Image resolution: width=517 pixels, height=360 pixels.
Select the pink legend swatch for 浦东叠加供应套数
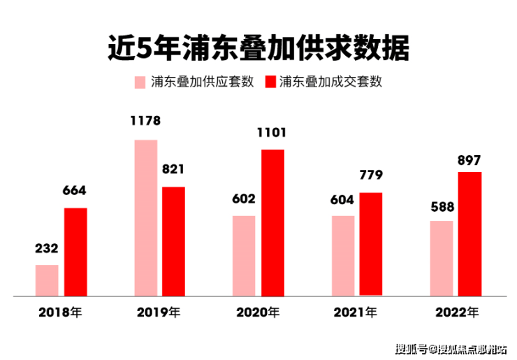140,82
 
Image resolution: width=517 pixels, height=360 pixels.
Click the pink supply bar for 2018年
47,280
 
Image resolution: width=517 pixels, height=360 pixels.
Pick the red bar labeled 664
75,252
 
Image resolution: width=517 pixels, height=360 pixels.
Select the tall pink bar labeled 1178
145,218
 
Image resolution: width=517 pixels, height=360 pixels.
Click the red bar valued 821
173,241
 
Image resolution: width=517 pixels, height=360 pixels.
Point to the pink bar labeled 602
244,256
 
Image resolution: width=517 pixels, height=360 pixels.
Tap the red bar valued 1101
272,222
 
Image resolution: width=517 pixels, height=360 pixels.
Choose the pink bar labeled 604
343,256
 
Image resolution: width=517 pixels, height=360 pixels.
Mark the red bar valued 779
371,244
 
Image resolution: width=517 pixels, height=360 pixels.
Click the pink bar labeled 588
442,259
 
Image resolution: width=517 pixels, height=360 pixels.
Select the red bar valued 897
470,233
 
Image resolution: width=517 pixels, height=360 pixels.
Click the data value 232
47,248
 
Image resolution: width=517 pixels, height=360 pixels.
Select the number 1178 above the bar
145,121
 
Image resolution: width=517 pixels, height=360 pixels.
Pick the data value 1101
272,132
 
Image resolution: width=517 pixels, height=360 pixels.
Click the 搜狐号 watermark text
411,348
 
